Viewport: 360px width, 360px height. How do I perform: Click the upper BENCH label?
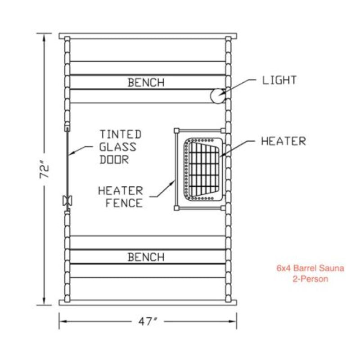coord(146,82)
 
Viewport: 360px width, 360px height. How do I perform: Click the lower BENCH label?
coord(146,257)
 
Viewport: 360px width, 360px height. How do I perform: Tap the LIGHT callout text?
coord(279,81)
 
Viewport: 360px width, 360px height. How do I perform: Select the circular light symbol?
coord(218,95)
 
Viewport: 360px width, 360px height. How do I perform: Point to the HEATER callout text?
coord(283,141)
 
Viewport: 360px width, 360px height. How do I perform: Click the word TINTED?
coord(120,134)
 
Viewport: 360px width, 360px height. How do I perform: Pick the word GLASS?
coord(118,146)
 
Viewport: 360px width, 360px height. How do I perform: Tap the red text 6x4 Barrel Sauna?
coord(310,269)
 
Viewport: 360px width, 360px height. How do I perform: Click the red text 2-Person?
coord(310,279)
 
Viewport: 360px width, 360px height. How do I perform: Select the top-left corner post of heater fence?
coord(176,130)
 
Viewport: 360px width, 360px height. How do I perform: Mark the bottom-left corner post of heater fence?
coord(176,208)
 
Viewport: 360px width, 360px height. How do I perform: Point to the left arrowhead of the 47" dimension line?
coord(62,321)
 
